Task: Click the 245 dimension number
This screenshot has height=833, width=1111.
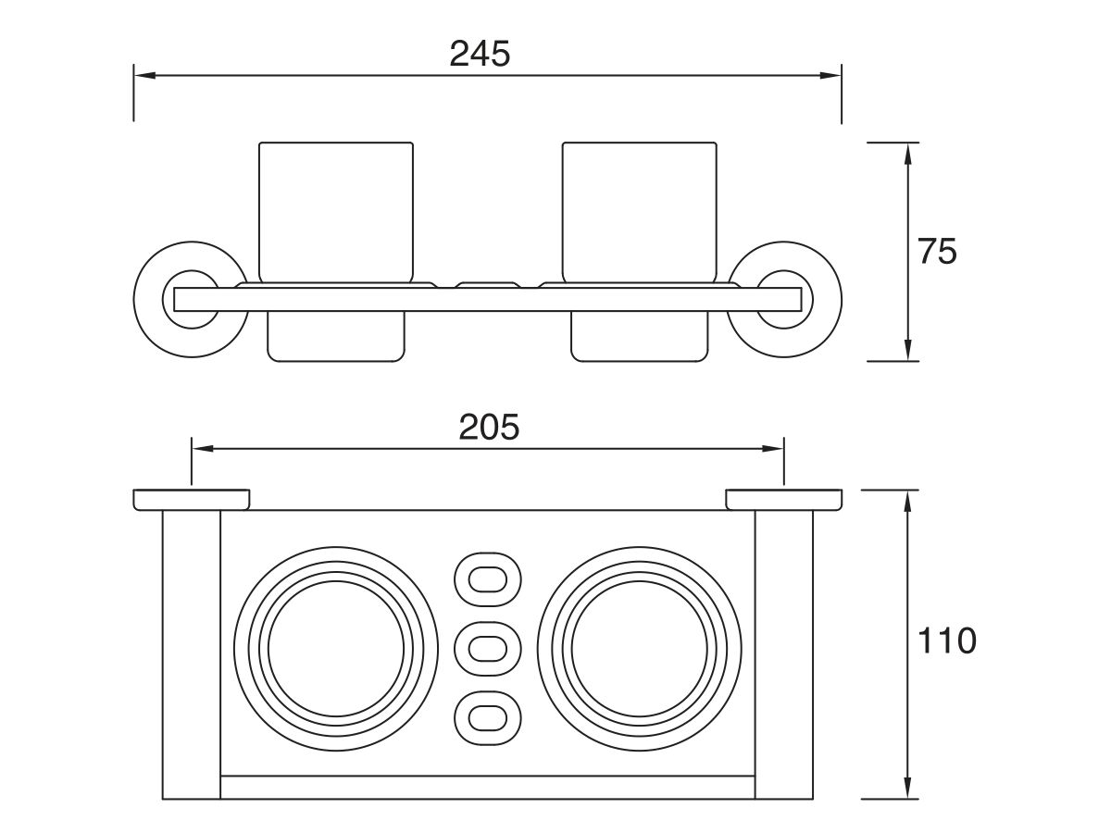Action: (x=480, y=54)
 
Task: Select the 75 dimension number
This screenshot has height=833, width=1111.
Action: (x=937, y=252)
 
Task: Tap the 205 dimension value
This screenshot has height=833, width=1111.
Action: (x=489, y=427)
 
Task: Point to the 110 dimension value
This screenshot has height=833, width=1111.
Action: (x=946, y=640)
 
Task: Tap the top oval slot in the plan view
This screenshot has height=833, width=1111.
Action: (x=487, y=579)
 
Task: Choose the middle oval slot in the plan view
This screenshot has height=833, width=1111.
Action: (x=487, y=649)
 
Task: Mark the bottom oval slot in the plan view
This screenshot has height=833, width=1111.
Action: (x=487, y=717)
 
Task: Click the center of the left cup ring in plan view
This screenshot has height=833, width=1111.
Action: (x=336, y=649)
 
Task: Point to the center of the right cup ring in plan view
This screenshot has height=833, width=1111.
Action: (x=639, y=649)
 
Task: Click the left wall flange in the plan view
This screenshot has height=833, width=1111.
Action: (x=191, y=500)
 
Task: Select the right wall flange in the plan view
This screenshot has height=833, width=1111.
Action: (x=784, y=500)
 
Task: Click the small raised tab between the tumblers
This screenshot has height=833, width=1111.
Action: (x=487, y=285)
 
